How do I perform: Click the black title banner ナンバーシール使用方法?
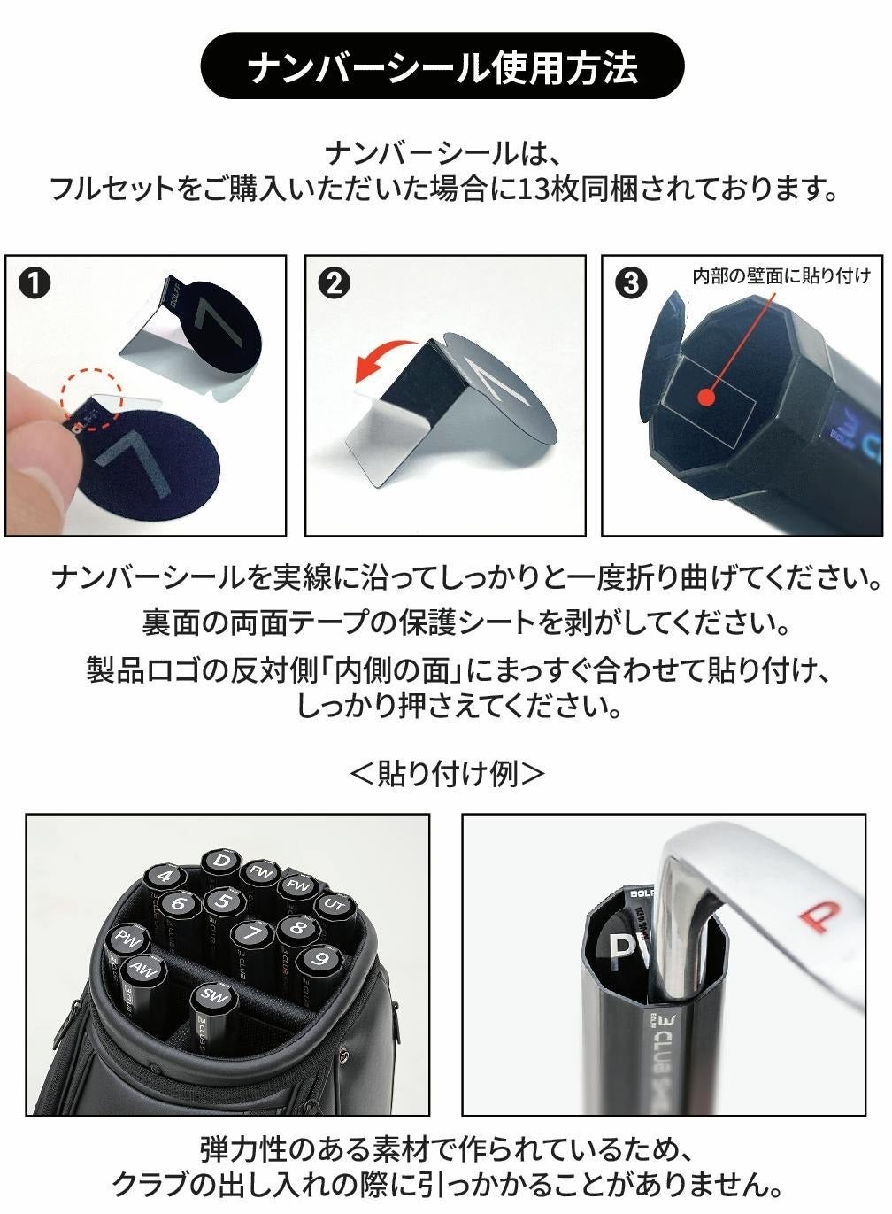pyautogui.click(x=442, y=66)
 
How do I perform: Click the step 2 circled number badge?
pyautogui.click(x=334, y=283)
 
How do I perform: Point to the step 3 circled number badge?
pyautogui.click(x=631, y=283)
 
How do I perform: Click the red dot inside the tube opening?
pyautogui.click(x=705, y=398)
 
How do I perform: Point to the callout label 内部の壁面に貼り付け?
pyautogui.click(x=782, y=276)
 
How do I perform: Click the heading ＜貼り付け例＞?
pyautogui.click(x=447, y=774)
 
